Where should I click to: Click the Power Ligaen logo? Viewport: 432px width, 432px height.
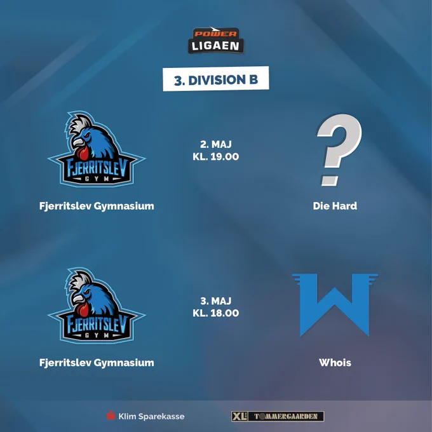[216, 40]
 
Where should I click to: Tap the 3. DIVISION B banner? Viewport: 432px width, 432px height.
[216, 79]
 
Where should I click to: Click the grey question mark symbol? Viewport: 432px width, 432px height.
[339, 149]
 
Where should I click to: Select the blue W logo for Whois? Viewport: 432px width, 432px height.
[335, 305]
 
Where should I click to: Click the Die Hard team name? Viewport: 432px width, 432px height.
[335, 206]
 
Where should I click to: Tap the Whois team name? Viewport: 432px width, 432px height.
[335, 362]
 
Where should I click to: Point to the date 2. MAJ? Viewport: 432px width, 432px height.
[216, 144]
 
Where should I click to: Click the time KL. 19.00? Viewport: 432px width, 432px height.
[216, 156]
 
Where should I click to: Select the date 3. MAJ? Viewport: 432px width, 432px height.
[216, 300]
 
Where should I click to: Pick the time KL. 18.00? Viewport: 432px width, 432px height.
[216, 313]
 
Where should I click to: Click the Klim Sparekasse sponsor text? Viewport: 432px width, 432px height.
[151, 416]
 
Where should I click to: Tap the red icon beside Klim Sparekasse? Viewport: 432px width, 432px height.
[111, 415]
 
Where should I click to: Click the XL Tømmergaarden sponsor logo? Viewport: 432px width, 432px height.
[278, 416]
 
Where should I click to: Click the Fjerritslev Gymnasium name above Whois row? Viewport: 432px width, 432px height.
[97, 206]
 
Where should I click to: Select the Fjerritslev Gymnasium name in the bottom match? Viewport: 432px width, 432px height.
[97, 362]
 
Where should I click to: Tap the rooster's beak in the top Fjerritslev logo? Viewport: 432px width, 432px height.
[78, 143]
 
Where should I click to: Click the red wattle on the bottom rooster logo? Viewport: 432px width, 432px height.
[83, 309]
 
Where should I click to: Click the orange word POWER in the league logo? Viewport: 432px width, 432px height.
[215, 34]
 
